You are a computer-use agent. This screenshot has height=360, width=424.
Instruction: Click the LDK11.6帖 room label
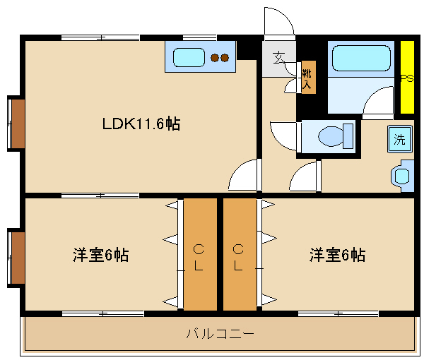[x=141, y=124]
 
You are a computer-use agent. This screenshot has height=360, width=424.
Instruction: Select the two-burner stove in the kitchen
[x=220, y=58]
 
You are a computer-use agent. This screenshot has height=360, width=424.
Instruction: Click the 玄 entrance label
[x=279, y=57]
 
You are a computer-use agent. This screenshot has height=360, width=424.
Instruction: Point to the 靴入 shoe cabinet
[x=307, y=78]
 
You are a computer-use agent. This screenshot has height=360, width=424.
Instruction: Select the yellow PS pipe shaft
[x=406, y=78]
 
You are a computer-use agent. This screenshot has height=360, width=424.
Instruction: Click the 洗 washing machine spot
[x=399, y=139]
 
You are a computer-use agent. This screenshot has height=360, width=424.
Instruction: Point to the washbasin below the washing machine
[x=403, y=174]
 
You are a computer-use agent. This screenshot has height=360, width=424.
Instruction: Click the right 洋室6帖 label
[x=337, y=255]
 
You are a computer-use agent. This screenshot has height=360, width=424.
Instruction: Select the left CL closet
[x=200, y=256]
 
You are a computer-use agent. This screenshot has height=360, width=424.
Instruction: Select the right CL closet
[x=240, y=256]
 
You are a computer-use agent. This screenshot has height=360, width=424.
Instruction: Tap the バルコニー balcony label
[x=220, y=333]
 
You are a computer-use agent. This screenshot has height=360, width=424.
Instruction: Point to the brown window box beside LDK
[x=18, y=124]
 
